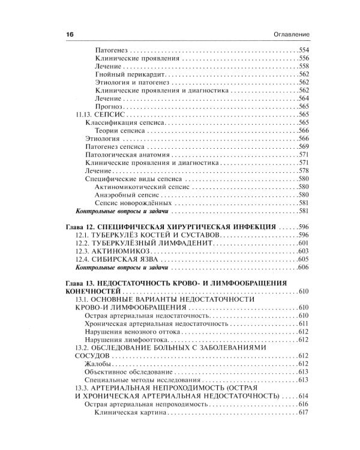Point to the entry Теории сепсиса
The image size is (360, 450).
pos(120,130)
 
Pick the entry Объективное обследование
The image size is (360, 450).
pos(123,372)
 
